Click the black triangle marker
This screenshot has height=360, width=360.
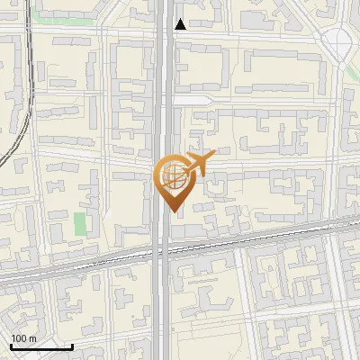181,24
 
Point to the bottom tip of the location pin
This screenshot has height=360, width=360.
171,211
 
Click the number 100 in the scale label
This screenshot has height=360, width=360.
19,338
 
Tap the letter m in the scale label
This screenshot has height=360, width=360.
32,338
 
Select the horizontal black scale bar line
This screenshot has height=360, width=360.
41,346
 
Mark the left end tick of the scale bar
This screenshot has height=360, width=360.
12,345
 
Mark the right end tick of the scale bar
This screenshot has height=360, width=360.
72,345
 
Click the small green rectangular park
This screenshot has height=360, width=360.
80,223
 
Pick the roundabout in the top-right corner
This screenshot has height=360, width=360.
338,39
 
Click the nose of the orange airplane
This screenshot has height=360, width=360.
214,157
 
